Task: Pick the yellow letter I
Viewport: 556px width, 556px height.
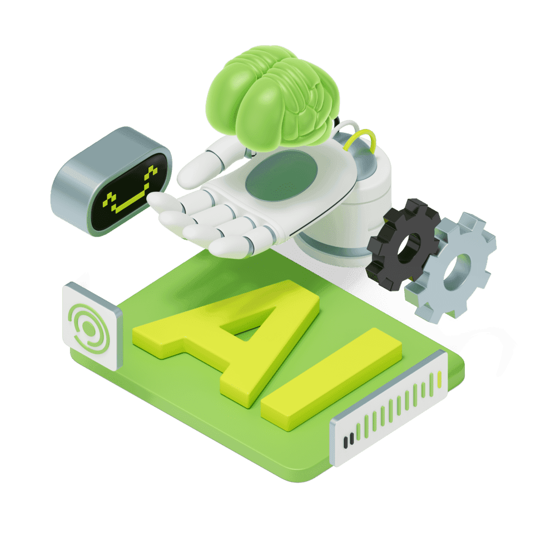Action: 331,379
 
